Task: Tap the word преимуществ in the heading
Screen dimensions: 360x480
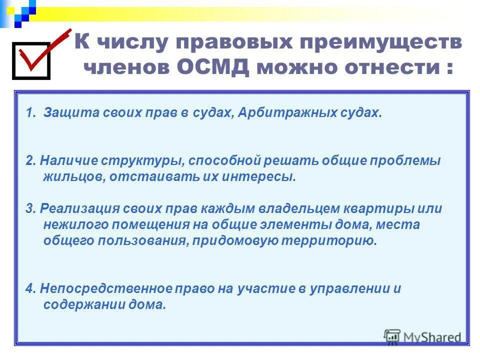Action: tap(378, 42)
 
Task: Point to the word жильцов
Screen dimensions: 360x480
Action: tap(72, 177)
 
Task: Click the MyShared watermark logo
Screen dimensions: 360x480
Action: tap(422, 336)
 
